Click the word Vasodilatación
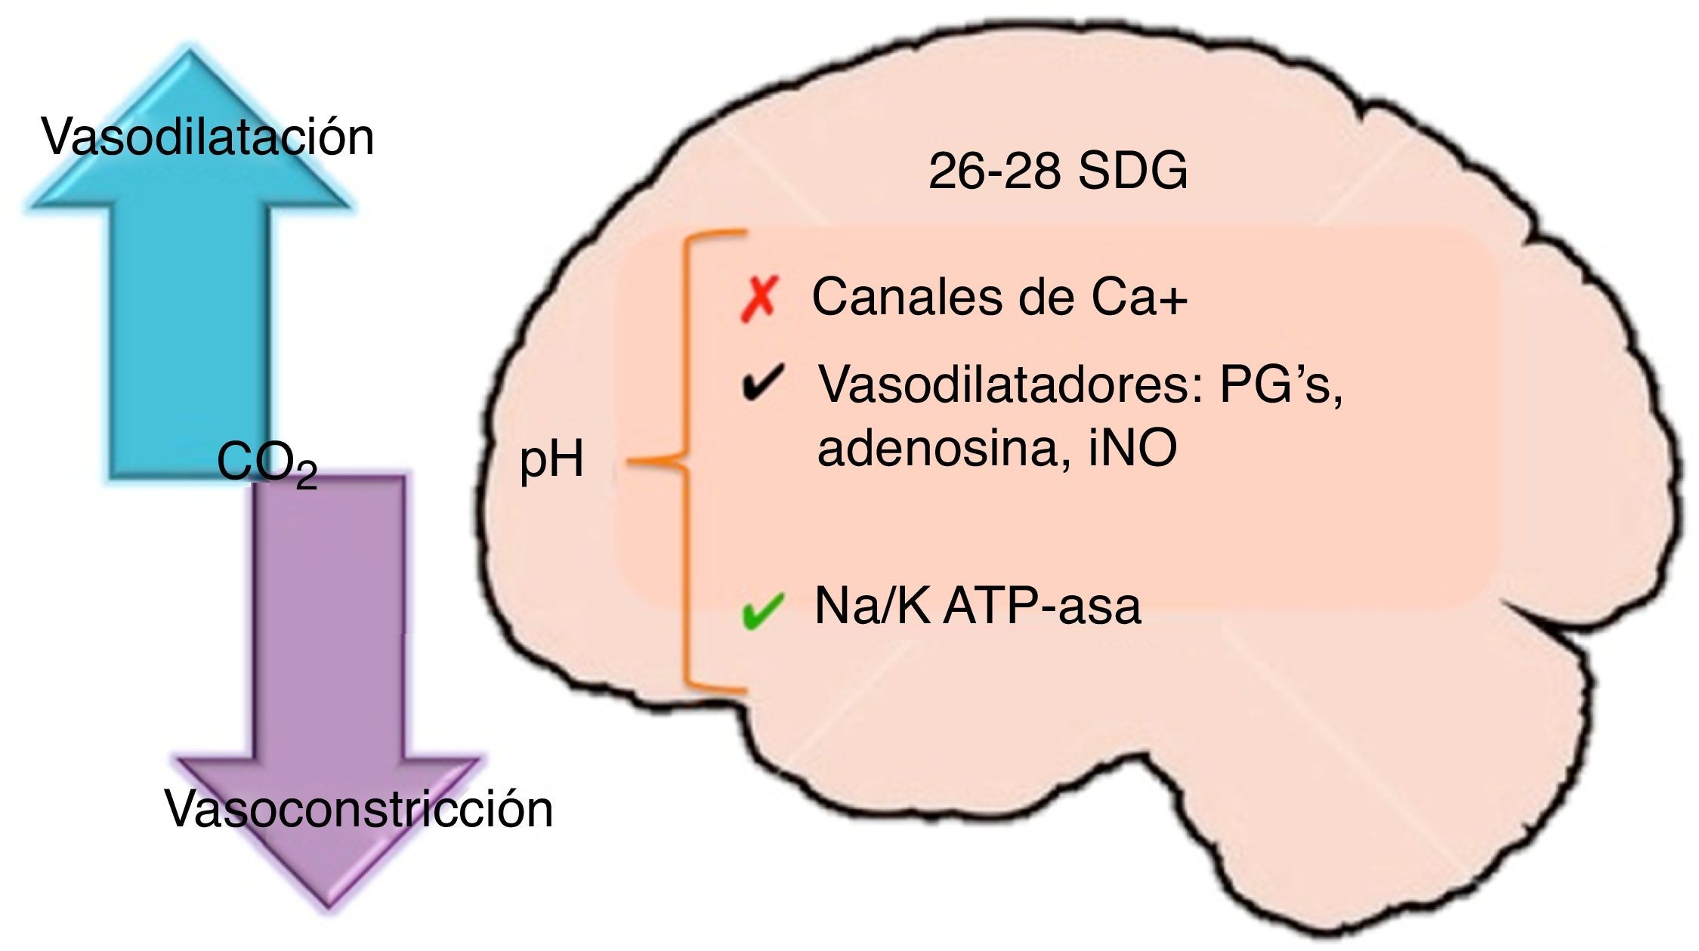tap(208, 137)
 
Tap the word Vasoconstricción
tap(359, 809)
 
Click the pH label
tap(551, 460)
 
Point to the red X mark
tap(758, 299)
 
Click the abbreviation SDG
tap(1132, 172)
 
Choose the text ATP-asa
tap(1042, 606)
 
